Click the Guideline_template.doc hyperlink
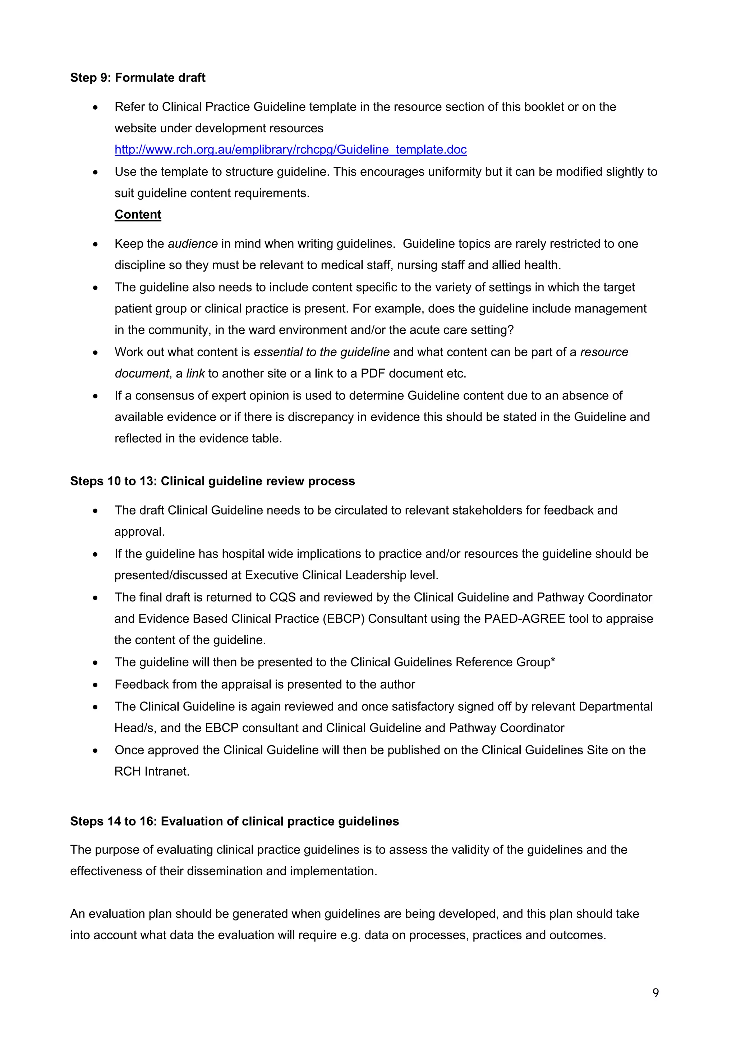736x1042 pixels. [290, 150]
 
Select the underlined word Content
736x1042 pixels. [138, 215]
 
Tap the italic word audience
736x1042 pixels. [193, 244]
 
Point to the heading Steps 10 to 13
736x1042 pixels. [212, 481]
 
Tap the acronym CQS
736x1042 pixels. [282, 597]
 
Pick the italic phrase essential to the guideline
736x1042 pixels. [322, 352]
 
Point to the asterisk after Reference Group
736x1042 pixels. [553, 661]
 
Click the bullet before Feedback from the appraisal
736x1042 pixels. [95, 685]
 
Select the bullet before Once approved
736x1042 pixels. [95, 751]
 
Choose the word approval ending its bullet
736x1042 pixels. [139, 531]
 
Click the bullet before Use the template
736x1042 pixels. [95, 173]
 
